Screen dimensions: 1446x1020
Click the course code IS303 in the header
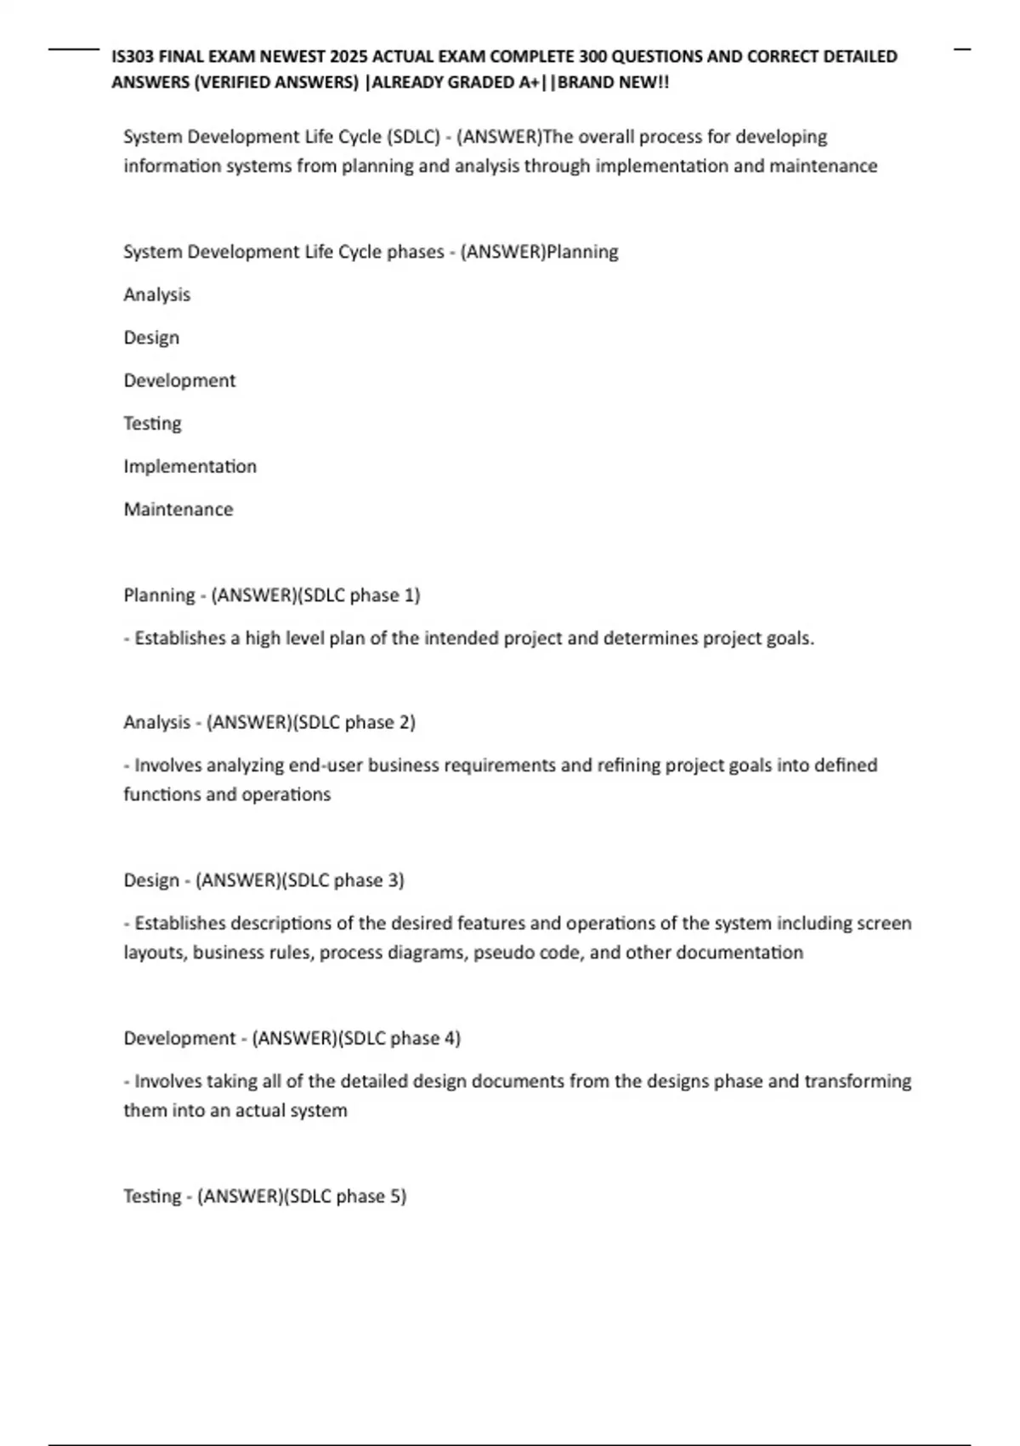coord(133,57)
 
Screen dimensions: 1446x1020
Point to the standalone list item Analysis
coord(157,295)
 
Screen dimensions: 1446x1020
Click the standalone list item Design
coord(151,338)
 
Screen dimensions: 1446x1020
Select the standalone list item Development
coord(179,381)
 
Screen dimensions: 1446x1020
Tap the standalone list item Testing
coord(152,424)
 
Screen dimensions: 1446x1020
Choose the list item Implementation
coord(190,467)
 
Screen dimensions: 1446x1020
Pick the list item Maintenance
coord(178,510)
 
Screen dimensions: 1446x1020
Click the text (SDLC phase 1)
coord(359,595)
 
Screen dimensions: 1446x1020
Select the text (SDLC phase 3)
coord(343,880)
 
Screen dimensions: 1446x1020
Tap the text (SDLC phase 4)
coord(399,1039)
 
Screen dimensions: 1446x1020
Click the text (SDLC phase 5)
coord(345,1197)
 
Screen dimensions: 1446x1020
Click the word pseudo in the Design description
coord(503,953)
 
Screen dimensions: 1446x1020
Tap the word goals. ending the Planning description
coord(790,638)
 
